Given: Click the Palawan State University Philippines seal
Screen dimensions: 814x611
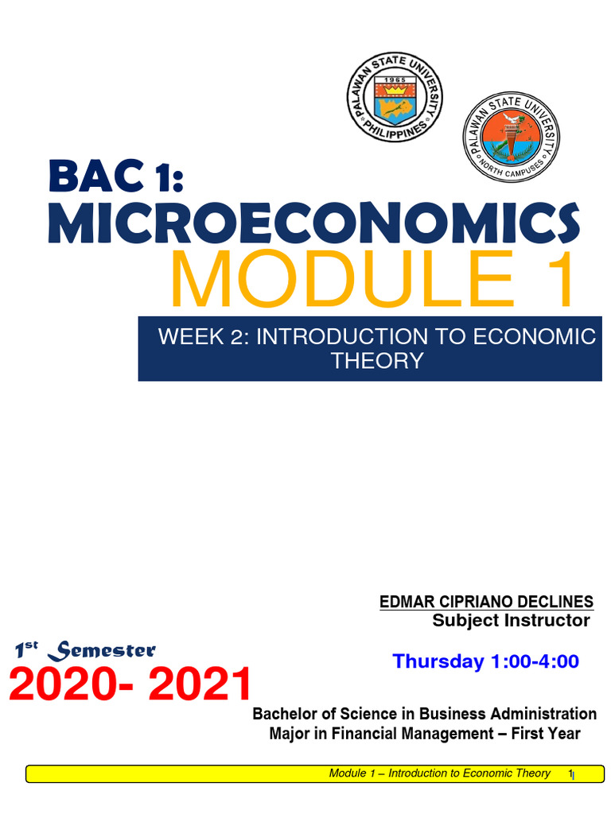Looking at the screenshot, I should click(395, 96).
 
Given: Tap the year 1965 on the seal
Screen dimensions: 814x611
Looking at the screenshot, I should click(395, 80).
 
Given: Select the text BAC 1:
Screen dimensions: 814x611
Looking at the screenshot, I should click(115, 176).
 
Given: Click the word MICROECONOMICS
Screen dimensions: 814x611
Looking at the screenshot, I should click(313, 223).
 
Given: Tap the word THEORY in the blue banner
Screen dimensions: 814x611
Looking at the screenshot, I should click(377, 361).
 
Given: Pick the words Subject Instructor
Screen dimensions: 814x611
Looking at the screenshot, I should click(511, 621).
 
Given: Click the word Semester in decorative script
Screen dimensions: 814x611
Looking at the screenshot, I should click(102, 652).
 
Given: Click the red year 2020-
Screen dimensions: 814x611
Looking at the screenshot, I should click(76, 685).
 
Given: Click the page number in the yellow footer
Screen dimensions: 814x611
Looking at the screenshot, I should click(570, 773).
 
